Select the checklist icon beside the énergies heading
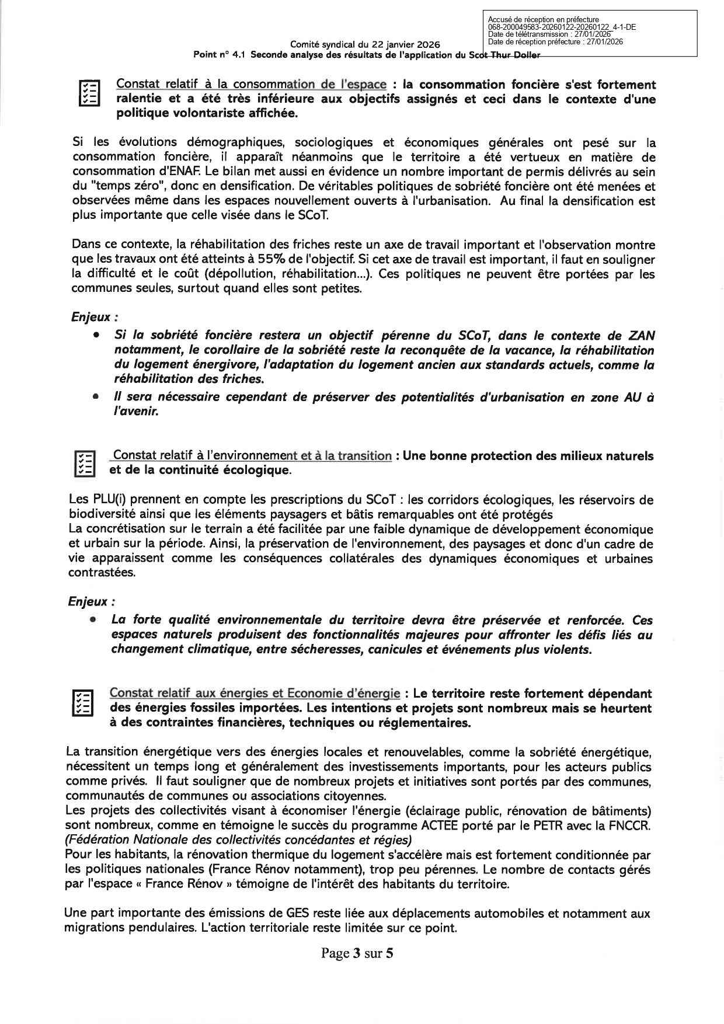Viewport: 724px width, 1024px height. [x=82, y=702]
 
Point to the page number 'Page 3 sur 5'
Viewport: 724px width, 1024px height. [x=357, y=954]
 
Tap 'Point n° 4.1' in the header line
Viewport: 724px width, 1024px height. [x=221, y=55]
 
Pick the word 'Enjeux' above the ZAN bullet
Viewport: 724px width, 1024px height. [x=90, y=317]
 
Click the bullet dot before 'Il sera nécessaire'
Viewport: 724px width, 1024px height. [x=95, y=397]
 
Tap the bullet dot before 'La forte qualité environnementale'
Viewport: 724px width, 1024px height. [x=92, y=620]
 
